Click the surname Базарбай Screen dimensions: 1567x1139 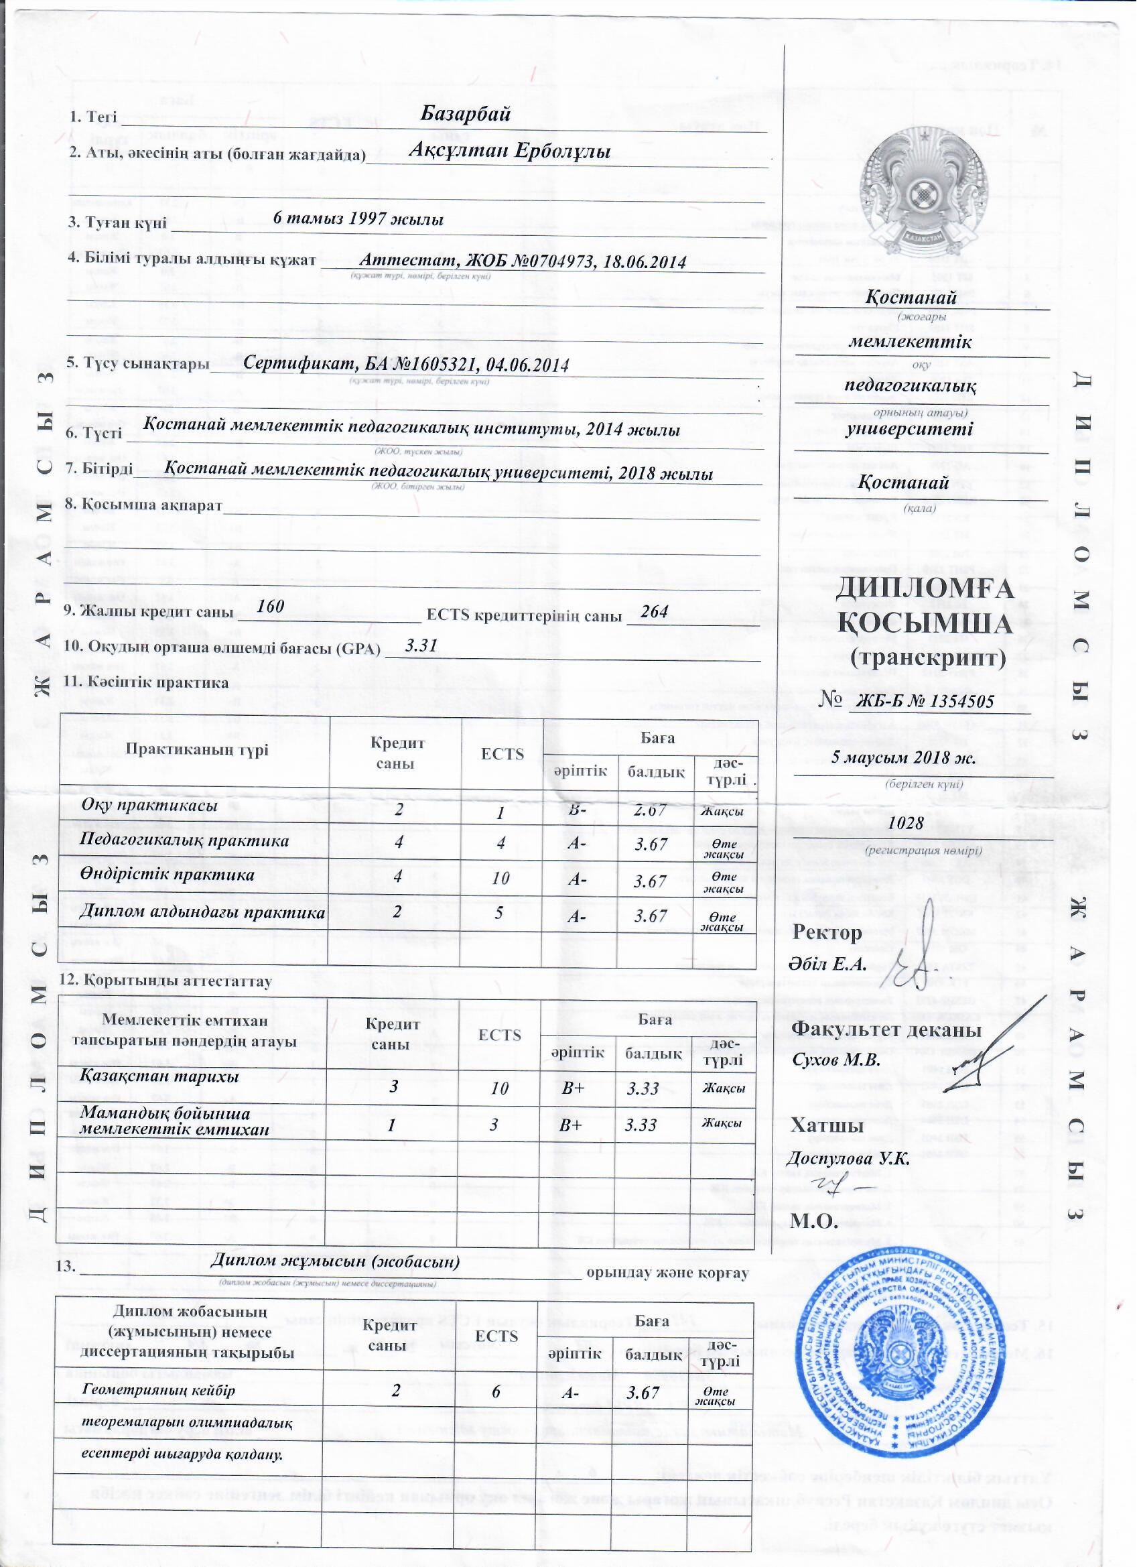(466, 114)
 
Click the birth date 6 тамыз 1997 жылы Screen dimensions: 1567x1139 (358, 220)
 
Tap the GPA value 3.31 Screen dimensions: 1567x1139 (421, 646)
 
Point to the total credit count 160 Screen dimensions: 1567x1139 (271, 607)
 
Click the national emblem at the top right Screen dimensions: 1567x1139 (923, 190)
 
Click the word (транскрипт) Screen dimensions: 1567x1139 (928, 657)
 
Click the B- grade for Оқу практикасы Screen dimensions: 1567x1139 (578, 808)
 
